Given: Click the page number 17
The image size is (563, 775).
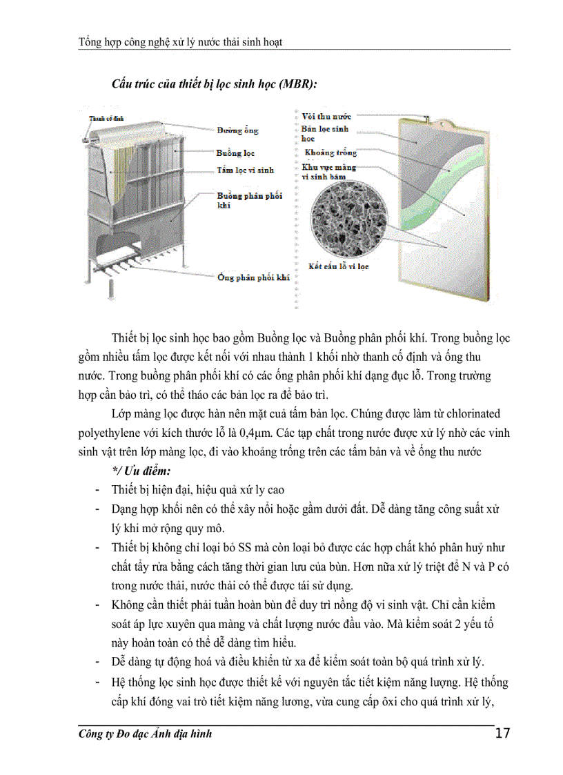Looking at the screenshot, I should (502, 733).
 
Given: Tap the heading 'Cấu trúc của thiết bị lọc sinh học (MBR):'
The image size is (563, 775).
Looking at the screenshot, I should (215, 84).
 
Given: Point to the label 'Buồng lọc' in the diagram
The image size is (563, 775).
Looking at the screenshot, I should (235, 153).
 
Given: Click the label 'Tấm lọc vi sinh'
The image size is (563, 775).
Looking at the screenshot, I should (245, 169).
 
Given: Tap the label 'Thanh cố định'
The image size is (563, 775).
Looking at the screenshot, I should (105, 119).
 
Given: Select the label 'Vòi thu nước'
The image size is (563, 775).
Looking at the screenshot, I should (326, 117).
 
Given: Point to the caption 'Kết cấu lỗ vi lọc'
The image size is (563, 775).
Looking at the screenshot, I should (338, 265).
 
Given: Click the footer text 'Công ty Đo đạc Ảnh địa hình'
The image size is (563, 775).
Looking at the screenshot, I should (146, 734).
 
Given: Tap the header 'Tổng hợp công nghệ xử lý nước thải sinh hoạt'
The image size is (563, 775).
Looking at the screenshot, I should (181, 42).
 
